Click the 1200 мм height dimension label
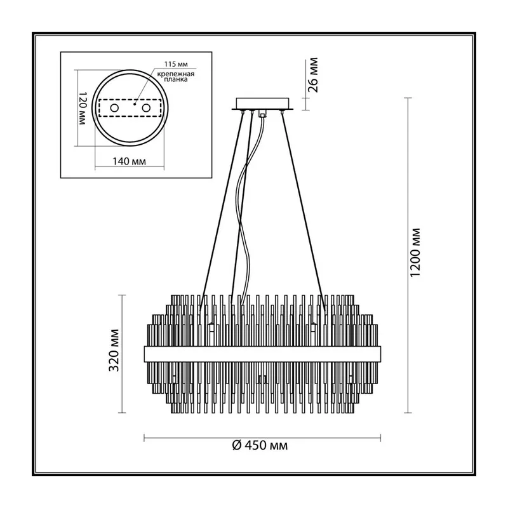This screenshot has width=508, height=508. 415,253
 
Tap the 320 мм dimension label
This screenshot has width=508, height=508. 114,351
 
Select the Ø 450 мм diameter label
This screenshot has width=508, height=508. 260,446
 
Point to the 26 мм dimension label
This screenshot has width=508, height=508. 313,75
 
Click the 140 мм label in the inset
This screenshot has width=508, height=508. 129,161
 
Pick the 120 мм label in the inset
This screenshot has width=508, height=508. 83,109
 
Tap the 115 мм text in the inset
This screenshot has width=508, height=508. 176,64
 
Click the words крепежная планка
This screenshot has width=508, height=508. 176,76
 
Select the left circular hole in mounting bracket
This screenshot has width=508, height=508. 114,107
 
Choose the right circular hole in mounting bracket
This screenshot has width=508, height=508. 147,107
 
